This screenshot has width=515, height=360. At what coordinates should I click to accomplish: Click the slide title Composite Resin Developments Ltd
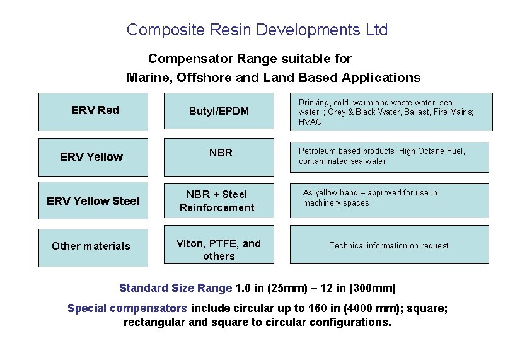point(257,30)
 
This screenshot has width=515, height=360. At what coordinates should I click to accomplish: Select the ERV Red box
point(93,112)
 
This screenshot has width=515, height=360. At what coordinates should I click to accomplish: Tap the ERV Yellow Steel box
point(93,202)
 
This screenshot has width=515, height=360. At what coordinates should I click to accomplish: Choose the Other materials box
point(93,247)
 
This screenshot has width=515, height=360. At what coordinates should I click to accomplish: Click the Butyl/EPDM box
point(219,112)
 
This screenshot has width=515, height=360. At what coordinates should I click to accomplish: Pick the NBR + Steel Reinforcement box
point(219,202)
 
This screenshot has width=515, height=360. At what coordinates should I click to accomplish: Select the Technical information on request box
point(389,246)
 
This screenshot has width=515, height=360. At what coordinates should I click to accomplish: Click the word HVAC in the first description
point(310,122)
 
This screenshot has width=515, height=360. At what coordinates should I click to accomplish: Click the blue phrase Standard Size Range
point(175,289)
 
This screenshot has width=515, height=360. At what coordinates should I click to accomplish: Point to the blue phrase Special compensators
point(127,308)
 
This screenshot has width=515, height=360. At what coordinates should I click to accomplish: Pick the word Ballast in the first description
point(416,112)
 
